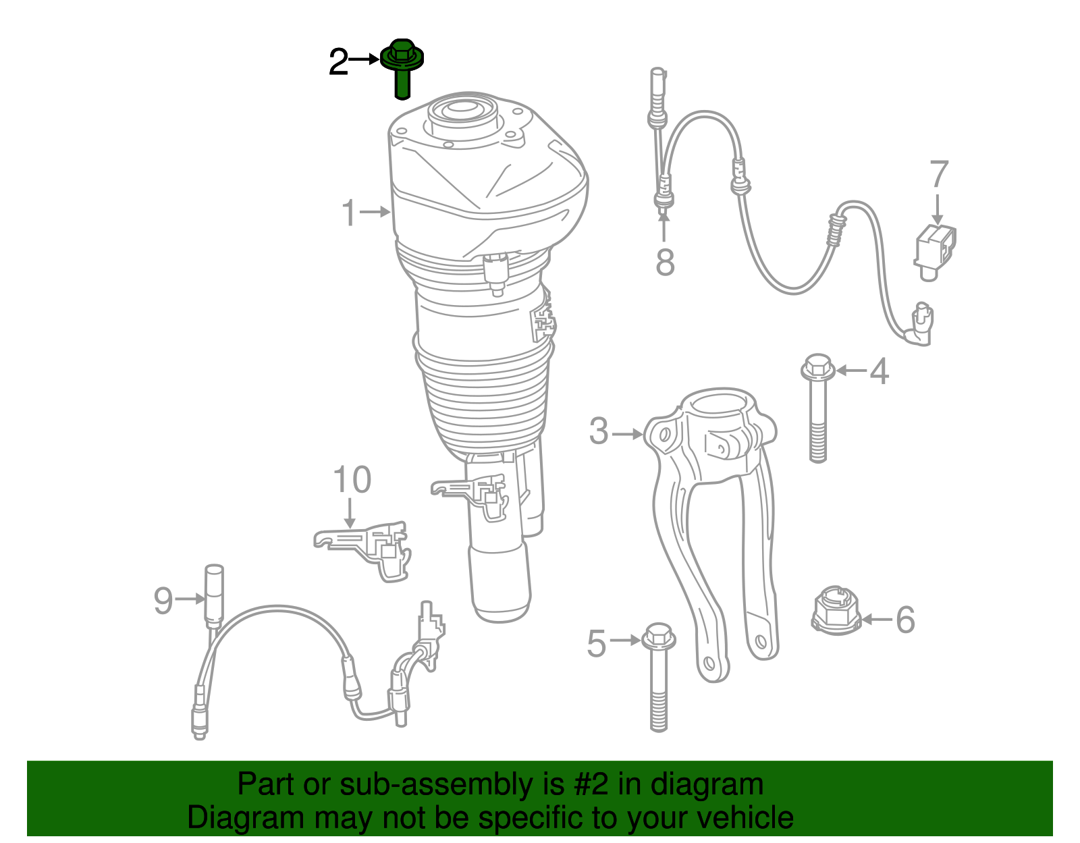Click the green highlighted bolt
pyautogui.click(x=402, y=69)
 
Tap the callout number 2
pyautogui.click(x=338, y=62)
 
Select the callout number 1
pyautogui.click(x=349, y=213)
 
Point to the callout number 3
pyautogui.click(x=599, y=431)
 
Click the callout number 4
pyautogui.click(x=880, y=371)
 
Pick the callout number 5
pyautogui.click(x=597, y=644)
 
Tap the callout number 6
pyautogui.click(x=906, y=620)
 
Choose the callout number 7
pyautogui.click(x=939, y=173)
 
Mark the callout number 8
pyautogui.click(x=665, y=262)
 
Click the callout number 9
pyautogui.click(x=163, y=601)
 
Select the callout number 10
pyautogui.click(x=352, y=479)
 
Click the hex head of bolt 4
pyautogui.click(x=817, y=369)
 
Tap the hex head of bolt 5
pyautogui.click(x=659, y=637)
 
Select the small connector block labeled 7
pyautogui.click(x=934, y=252)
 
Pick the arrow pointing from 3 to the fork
pyautogui.click(x=627, y=434)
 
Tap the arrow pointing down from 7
pyautogui.click(x=938, y=209)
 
